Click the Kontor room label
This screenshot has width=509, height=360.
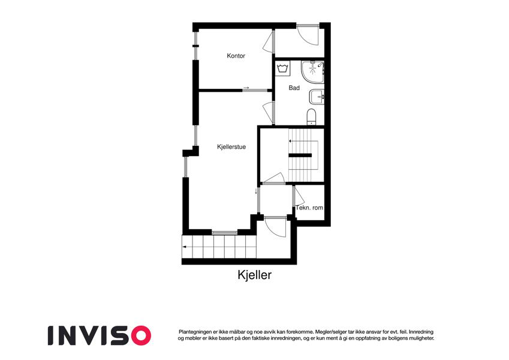tap(236, 56)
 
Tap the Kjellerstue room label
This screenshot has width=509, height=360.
tap(231, 147)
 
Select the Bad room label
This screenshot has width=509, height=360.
tap(294, 88)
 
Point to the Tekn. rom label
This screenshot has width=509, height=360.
tap(309, 208)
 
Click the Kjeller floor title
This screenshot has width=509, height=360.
tap(254, 275)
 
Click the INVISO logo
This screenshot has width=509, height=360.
tap(100, 335)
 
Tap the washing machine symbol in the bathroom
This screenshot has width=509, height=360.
tap(283, 68)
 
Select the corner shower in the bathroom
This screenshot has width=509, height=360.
tap(312, 71)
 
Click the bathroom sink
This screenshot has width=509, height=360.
tap(317, 97)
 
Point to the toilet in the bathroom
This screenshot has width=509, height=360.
tap(311, 116)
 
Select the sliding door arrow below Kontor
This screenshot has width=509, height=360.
tap(246, 88)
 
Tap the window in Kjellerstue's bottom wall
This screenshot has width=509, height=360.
tap(225, 232)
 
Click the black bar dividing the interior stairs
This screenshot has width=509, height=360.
tap(300, 155)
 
